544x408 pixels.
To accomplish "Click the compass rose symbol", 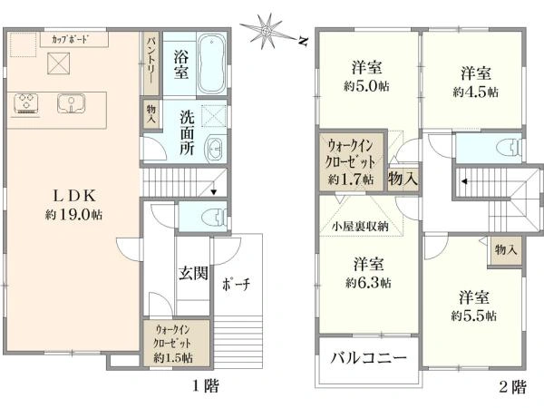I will click(268, 30).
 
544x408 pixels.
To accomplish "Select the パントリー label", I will click(151, 62).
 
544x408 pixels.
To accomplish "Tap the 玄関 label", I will click(192, 273).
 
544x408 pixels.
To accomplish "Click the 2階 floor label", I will click(512, 387).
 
